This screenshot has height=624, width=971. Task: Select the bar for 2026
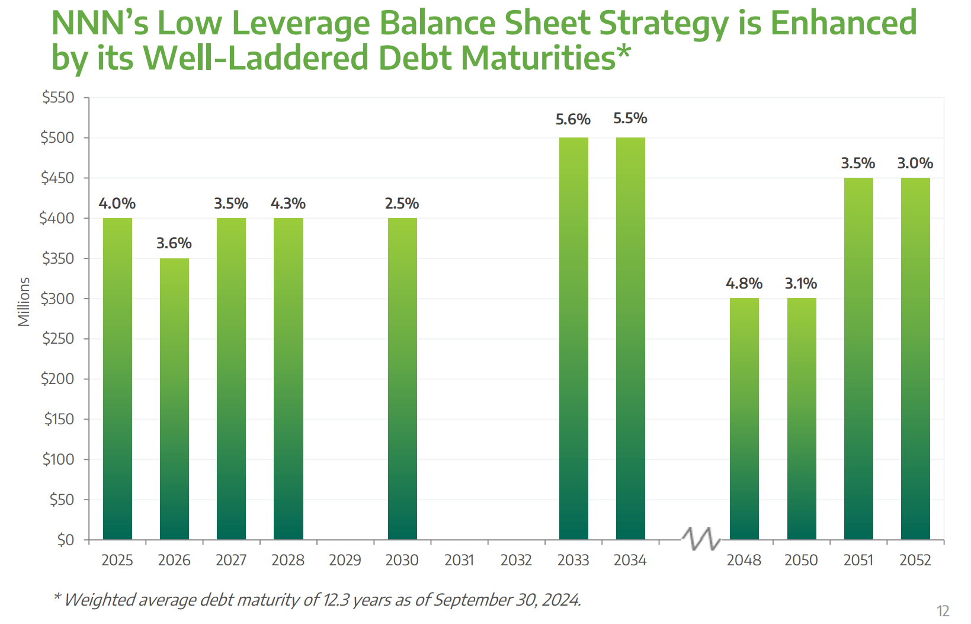174,398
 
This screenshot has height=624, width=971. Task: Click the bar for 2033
573,338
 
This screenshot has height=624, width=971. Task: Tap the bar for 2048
744,418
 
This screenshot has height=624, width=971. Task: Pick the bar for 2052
915,358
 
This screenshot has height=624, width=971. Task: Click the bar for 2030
402,378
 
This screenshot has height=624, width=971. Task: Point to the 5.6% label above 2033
573,120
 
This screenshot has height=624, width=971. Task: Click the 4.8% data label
744,284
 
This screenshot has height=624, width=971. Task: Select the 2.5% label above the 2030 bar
402,204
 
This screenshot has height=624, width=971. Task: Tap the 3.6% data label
174,244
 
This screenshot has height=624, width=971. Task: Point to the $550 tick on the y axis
58,98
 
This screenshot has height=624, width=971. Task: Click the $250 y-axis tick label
58,339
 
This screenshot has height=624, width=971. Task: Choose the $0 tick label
65,540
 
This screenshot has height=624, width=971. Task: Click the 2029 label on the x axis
345,560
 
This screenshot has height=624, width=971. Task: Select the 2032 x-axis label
516,560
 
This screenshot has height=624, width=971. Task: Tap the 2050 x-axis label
801,560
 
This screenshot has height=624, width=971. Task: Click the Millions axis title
24,302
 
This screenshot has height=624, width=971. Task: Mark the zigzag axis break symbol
701,539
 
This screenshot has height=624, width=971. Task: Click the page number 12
943,611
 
